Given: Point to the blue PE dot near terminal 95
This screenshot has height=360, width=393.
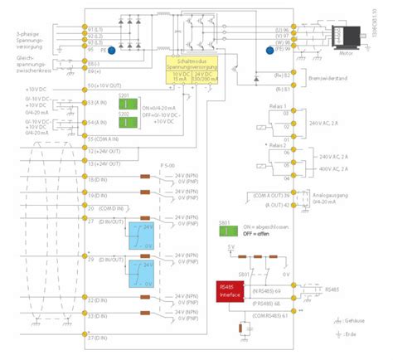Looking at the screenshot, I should pyautogui.click(x=113, y=51).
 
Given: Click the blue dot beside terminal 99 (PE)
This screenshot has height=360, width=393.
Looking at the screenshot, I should pyautogui.click(x=269, y=50).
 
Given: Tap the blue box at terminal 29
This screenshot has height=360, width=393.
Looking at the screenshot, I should pyautogui.click(x=137, y=270).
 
